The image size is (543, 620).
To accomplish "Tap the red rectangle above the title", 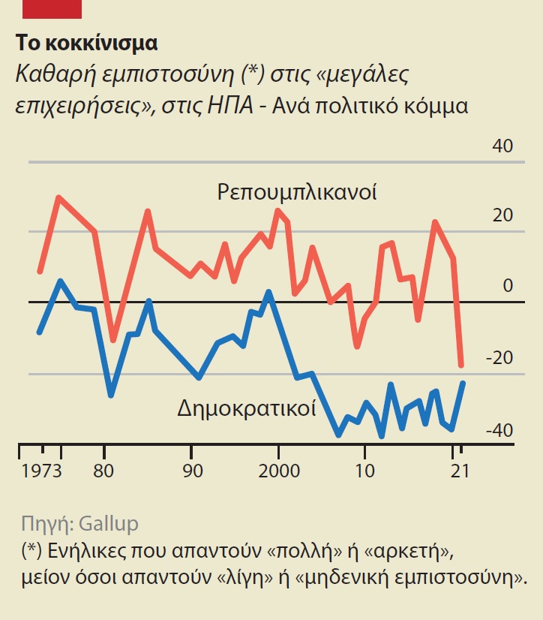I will tap(52, 9).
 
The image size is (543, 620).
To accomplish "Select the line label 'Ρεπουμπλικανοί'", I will tap(297, 191).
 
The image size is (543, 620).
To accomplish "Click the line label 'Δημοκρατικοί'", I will tap(246, 410).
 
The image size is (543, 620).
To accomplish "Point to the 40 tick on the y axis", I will tap(502, 146).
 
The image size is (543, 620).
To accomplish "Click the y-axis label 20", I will tap(502, 216).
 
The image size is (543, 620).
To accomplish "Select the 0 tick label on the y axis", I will tap(508, 286).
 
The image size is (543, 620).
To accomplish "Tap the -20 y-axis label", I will tap(499, 358).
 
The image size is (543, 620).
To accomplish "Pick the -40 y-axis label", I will tap(499, 431).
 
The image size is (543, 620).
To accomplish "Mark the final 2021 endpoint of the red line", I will tap(462, 366).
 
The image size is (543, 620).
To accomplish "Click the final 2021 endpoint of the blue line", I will tap(463, 383).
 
